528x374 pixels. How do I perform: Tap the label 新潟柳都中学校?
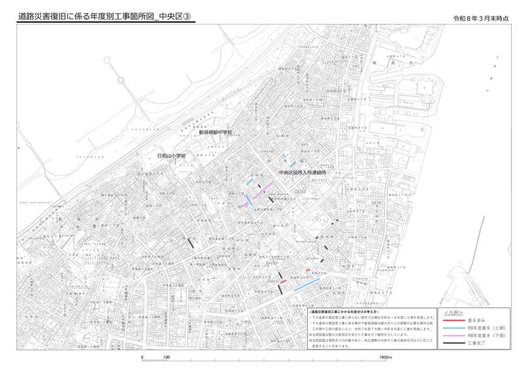point(215,133)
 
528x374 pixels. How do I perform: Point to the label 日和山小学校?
point(172,156)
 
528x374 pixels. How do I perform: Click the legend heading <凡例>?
point(453,312)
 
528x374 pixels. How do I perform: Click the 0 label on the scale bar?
point(143,356)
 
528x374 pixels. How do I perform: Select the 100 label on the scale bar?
point(166,356)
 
